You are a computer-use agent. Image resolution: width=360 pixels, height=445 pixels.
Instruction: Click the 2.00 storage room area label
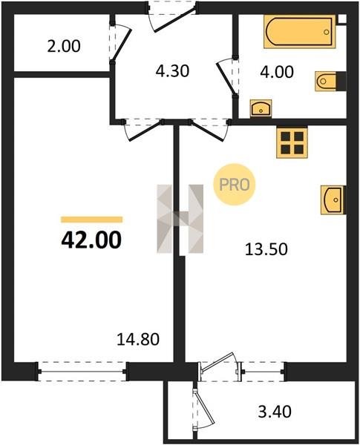click(x=64, y=46)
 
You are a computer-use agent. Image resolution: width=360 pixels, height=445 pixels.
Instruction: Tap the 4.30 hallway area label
click(x=172, y=71)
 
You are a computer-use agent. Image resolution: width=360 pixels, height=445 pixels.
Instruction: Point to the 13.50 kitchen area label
click(x=266, y=249)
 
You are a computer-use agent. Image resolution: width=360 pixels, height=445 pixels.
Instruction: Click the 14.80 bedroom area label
click(x=138, y=340)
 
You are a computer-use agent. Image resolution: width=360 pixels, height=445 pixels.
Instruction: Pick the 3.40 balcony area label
click(x=275, y=412)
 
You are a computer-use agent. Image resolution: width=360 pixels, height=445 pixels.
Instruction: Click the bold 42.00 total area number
click(x=91, y=240)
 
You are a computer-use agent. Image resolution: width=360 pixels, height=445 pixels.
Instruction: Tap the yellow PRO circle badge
click(x=235, y=185)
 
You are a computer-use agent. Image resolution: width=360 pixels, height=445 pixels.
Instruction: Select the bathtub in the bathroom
click(x=300, y=31)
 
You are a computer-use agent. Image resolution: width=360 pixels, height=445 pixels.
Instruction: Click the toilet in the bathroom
click(x=330, y=82)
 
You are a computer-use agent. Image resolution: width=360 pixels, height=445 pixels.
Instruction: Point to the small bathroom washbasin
click(x=261, y=108)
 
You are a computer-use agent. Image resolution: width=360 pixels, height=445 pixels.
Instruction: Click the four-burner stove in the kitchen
click(x=292, y=142)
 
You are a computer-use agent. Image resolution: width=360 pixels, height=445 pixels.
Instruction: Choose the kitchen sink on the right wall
click(x=333, y=200)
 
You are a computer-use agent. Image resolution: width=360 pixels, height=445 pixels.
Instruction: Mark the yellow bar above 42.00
click(x=92, y=220)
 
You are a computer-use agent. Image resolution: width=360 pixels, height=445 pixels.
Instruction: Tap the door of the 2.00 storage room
click(x=120, y=42)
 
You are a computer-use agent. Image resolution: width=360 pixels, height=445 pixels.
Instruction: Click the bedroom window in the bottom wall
click(x=82, y=372)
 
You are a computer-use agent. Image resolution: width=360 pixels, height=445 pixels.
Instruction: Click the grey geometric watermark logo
click(x=180, y=219)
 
